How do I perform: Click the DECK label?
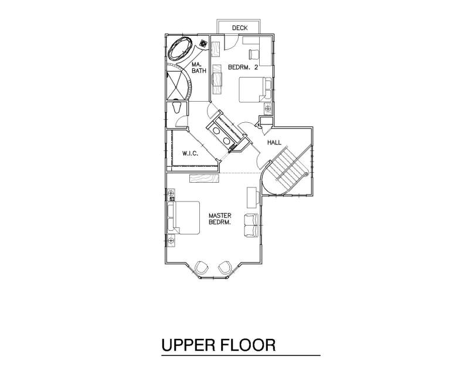pyautogui.click(x=240, y=28)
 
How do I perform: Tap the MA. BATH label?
pyautogui.click(x=199, y=68)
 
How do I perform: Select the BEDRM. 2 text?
pyautogui.click(x=243, y=67)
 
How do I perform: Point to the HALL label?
pyautogui.click(x=274, y=142)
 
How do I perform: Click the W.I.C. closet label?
pyautogui.click(x=190, y=153)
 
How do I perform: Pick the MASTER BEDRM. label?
pyautogui.click(x=220, y=219)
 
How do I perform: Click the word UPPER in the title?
pyautogui.click(x=188, y=345)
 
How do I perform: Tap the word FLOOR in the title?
pyautogui.click(x=248, y=345)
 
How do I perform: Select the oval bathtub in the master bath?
pyautogui.click(x=180, y=49)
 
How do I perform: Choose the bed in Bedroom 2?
pyautogui.click(x=255, y=90)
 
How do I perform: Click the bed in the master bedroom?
pyautogui.click(x=183, y=217)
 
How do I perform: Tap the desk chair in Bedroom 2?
pyautogui.click(x=254, y=54)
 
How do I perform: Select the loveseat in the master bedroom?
pyautogui.click(x=251, y=225)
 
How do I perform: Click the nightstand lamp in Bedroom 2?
pyautogui.click(x=268, y=108)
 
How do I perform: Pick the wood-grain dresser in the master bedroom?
pyautogui.click(x=204, y=177)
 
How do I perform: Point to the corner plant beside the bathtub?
pyautogui.click(x=203, y=43)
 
